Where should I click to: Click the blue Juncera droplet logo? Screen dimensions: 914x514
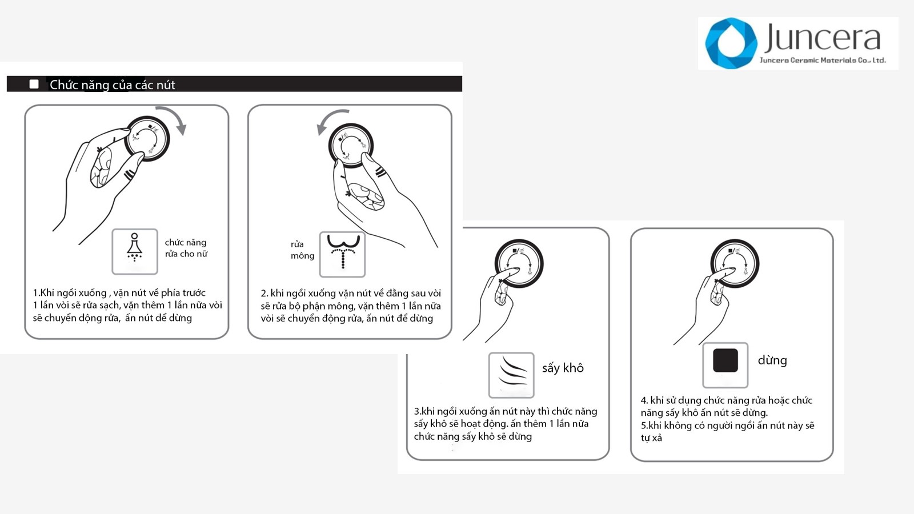click(731, 43)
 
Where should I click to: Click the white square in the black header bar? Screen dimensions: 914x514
click(34, 84)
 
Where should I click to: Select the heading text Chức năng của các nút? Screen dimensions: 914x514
click(112, 85)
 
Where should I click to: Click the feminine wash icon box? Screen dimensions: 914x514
click(135, 251)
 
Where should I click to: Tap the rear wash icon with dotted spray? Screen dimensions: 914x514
click(342, 254)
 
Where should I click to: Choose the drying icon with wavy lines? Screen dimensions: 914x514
click(511, 375)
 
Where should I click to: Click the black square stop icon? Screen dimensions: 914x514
click(725, 360)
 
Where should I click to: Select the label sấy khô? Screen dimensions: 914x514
click(563, 368)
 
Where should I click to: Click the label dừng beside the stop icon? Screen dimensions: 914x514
click(772, 360)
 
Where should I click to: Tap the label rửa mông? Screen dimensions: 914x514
click(302, 250)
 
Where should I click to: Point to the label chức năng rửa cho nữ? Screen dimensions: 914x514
click(186, 248)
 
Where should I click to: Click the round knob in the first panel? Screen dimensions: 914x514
click(147, 138)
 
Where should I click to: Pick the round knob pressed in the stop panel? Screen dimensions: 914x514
click(735, 263)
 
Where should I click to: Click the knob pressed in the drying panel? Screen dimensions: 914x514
click(519, 263)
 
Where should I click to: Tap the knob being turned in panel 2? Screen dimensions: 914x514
click(351, 146)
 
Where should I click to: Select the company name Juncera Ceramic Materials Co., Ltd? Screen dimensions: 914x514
click(823, 61)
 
